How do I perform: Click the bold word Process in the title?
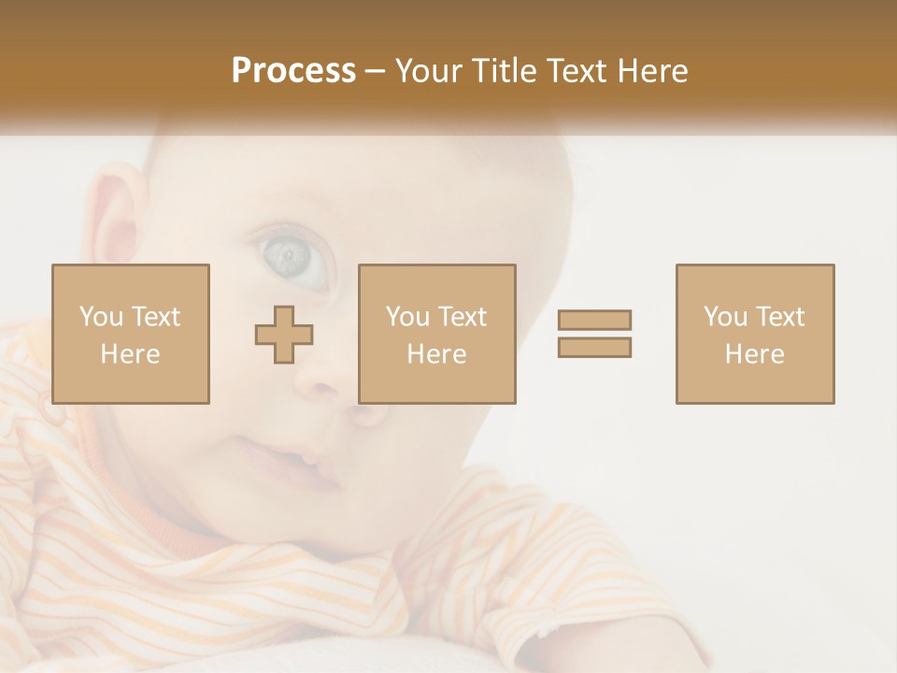click(293, 71)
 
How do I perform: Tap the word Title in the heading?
click(505, 71)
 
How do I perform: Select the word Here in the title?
click(651, 71)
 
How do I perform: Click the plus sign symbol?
click(284, 335)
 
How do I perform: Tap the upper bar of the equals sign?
click(594, 320)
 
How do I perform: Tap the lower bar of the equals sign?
click(594, 348)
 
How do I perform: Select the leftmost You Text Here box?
click(131, 334)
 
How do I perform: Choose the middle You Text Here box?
click(437, 334)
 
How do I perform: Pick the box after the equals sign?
click(755, 334)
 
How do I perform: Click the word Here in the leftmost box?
click(131, 354)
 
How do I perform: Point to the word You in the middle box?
click(407, 317)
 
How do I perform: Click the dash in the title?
click(375, 71)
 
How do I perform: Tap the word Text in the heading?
click(577, 71)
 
